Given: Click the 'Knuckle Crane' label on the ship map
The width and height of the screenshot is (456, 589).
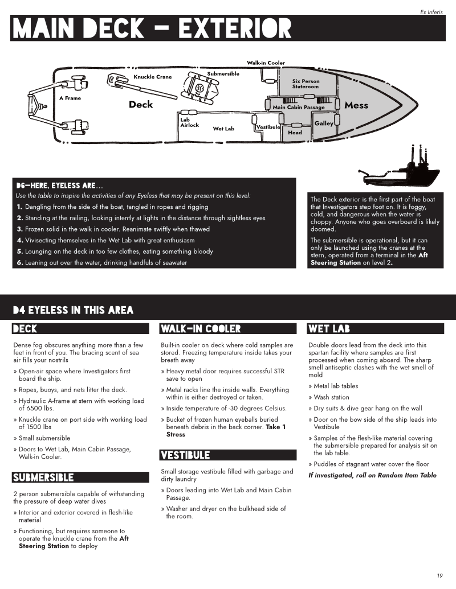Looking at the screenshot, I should [x=152, y=77].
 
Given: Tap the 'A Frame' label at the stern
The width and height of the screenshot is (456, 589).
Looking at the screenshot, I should [x=70, y=98].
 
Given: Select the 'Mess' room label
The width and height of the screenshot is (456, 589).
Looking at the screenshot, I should [x=356, y=105].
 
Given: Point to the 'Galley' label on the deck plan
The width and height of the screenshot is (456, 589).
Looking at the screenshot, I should [x=324, y=123].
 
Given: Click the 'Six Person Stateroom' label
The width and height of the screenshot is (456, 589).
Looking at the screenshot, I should [x=306, y=84].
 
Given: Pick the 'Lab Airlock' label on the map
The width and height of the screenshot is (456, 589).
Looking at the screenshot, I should [x=189, y=122].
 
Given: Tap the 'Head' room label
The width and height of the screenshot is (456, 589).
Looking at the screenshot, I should [x=295, y=133].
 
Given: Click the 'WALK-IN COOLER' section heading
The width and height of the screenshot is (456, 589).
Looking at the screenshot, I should [x=200, y=329].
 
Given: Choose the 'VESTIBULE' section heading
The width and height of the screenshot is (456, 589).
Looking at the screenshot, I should [x=185, y=455].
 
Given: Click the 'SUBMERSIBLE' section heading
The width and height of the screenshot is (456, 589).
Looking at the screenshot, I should [x=43, y=477].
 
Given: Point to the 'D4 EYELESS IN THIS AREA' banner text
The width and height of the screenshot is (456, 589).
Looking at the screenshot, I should [x=73, y=310].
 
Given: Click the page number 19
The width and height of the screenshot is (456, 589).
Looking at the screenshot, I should [x=439, y=575].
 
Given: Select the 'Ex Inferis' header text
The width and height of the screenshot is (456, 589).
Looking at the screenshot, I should [x=431, y=11].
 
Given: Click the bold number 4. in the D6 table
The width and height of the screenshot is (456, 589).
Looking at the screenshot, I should [x=19, y=240].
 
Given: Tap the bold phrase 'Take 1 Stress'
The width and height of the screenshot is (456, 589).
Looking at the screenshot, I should [x=225, y=431].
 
